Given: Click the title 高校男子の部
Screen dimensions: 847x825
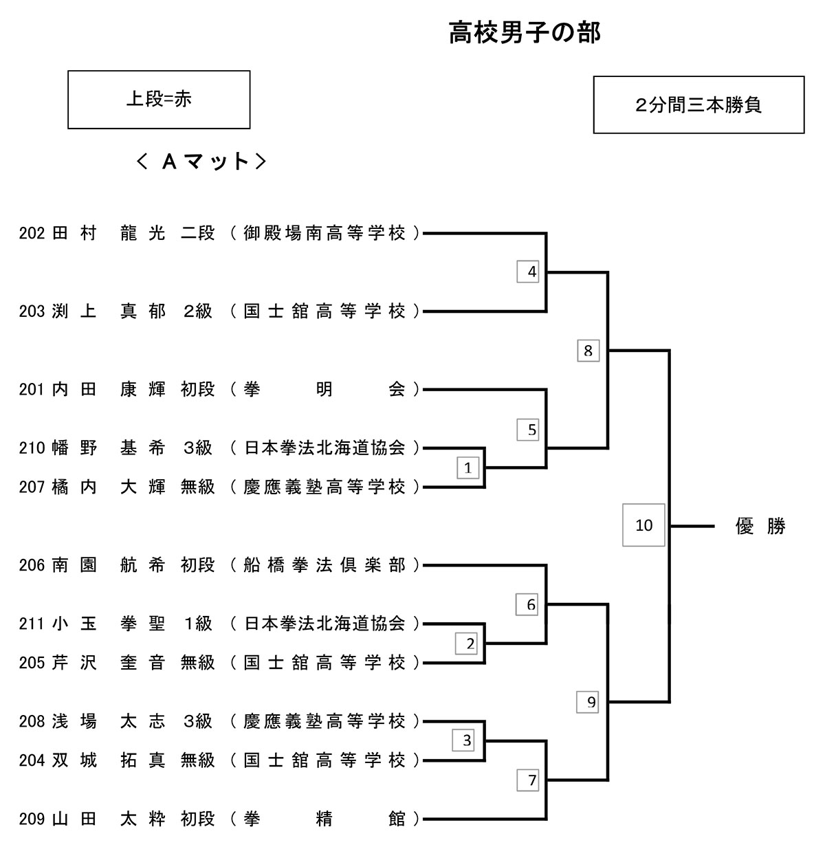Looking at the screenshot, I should pos(525,32).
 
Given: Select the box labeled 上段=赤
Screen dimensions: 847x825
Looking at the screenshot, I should pos(159,100).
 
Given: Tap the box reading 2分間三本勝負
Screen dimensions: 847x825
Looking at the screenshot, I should pos(698,105).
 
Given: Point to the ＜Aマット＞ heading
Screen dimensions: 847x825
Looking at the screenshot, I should pos(201,162).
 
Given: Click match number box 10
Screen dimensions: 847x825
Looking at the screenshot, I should pos(643,525).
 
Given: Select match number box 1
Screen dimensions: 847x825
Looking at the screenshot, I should pos(467,468).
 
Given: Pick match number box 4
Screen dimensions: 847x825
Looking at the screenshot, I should pos(531,272).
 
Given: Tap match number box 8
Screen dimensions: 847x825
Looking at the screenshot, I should pos(588,351).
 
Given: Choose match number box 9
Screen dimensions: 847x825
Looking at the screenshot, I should pos(591,702).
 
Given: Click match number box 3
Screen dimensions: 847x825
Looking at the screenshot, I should pos(467,740).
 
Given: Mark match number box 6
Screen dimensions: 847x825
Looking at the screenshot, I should pos(531,605).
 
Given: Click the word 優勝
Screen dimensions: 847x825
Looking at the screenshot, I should pos(760,527).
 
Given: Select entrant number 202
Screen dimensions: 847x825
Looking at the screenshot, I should pos(32,234).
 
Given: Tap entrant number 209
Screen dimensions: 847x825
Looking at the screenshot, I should pos(32,819).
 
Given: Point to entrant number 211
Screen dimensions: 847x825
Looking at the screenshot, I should pos(32,624).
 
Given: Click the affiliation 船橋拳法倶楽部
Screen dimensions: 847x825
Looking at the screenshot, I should pos(324,565).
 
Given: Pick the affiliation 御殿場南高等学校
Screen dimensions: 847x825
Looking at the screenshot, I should pos(324,234).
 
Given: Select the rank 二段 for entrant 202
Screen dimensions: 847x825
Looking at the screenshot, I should pos(198,234).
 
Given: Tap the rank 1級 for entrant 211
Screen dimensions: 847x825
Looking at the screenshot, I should pos(198,624).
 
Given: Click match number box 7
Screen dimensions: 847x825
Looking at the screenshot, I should pos(531,780).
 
